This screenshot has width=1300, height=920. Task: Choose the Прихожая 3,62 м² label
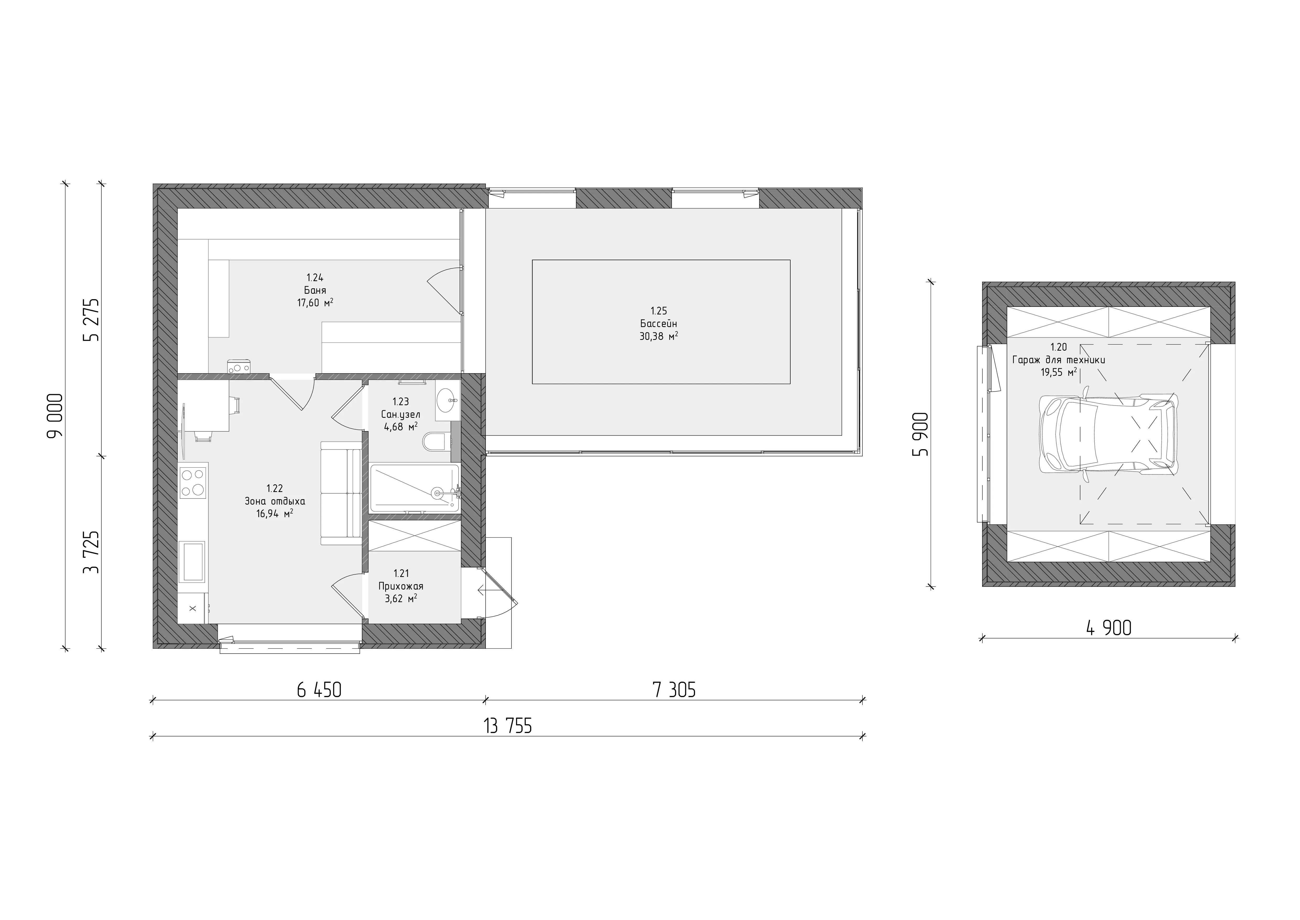click(401, 586)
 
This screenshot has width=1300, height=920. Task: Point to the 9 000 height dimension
click(56, 416)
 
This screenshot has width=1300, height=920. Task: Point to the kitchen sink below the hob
click(193, 561)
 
